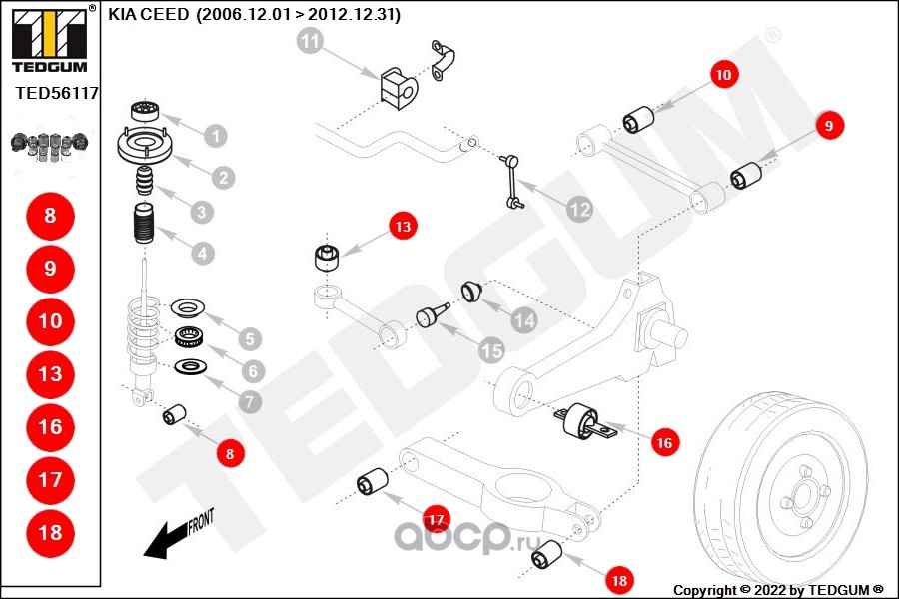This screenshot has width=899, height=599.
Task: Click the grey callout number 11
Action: (311, 42)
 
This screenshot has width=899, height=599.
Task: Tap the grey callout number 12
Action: (579, 210)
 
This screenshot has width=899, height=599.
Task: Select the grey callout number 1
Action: (215, 135)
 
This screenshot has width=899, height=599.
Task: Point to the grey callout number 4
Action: (203, 254)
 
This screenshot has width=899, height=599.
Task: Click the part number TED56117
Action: (56, 94)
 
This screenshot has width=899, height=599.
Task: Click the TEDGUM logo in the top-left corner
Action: (48, 40)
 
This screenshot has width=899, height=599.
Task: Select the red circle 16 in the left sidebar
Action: (50, 427)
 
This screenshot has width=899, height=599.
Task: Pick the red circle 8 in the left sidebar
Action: (50, 216)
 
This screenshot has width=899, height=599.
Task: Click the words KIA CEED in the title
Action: (150, 15)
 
